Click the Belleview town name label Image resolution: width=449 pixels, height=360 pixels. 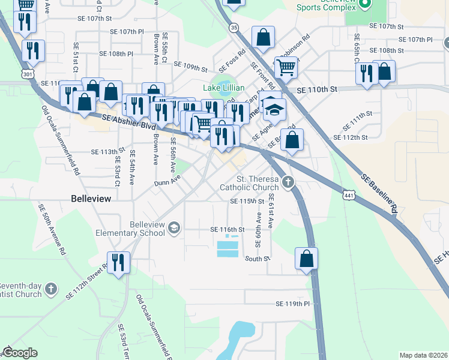tap(91, 198)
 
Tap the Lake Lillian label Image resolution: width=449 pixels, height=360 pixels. tap(223, 88)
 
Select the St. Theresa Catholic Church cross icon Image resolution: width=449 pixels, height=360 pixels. tap(288, 182)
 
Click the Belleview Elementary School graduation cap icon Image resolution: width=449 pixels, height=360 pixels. tap(173, 227)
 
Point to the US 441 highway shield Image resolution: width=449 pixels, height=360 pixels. tap(351, 195)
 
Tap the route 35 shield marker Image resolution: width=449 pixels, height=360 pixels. tap(234, 28)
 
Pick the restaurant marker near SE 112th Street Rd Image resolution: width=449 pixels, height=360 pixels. tap(118, 262)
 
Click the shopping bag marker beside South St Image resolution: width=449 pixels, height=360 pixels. tap(306, 259)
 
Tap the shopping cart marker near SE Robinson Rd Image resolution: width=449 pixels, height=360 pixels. tap(286, 68)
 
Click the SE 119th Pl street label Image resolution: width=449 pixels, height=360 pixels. tap(292, 304)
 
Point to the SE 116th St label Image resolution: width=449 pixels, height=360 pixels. tap(228, 230)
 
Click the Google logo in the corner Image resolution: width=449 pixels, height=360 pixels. tap(20, 353)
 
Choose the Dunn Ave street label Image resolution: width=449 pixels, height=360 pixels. tap(167, 181)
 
